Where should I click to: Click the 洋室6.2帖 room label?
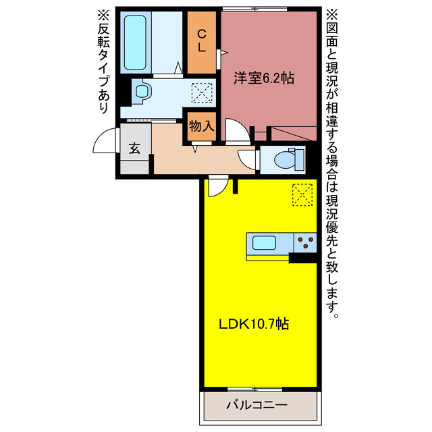point(264,78)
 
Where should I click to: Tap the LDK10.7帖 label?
point(254,324)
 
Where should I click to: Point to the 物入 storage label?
point(201,126)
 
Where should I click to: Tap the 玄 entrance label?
point(134,148)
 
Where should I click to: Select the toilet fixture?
point(288,160)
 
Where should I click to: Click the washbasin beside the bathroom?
point(142,92)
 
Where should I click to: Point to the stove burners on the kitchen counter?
point(306,242)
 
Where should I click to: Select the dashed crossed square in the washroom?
point(201,92)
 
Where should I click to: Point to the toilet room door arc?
point(249,159)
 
